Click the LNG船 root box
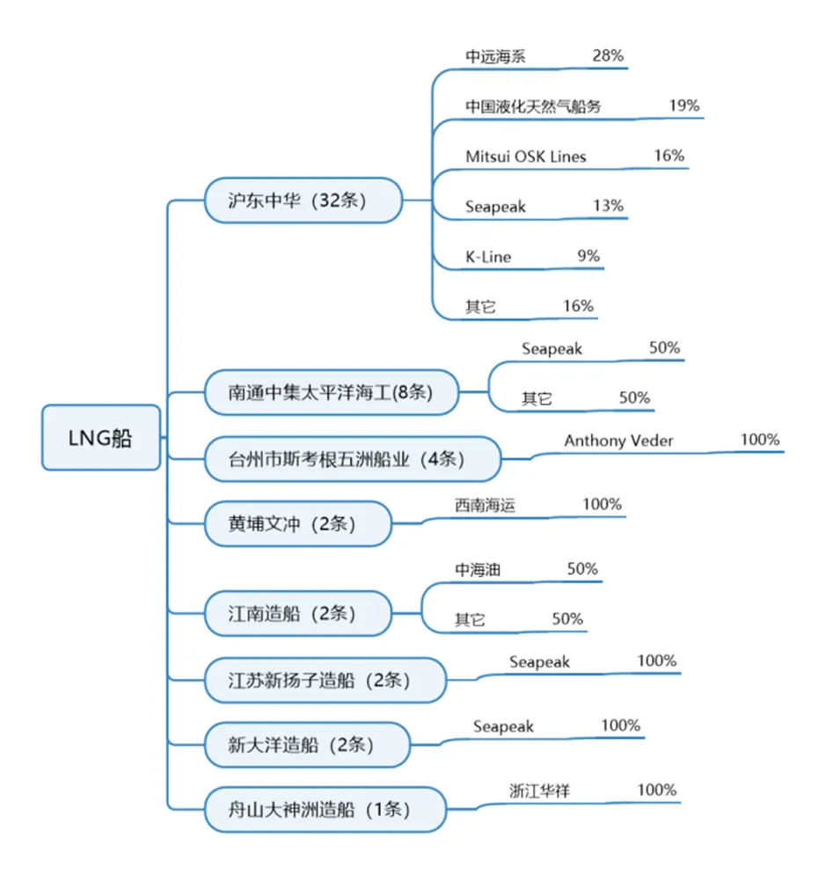click(x=101, y=438)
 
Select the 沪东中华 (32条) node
click(x=303, y=201)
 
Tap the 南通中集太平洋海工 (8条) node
click(x=332, y=392)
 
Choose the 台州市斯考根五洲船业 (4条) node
click(x=353, y=459)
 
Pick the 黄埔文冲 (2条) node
click(x=298, y=523)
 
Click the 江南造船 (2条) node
click(x=298, y=613)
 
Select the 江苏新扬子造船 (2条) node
click(x=325, y=680)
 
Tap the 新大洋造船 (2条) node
click(x=307, y=745)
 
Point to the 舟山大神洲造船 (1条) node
click(x=325, y=809)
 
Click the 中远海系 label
click(x=495, y=56)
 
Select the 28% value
click(x=608, y=55)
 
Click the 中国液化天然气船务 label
click(x=533, y=106)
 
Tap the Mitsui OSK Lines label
click(x=526, y=157)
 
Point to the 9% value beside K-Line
click(x=588, y=256)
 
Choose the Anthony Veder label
click(x=618, y=441)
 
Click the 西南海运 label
click(x=485, y=505)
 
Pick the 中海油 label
click(x=477, y=569)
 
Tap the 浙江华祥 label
click(x=540, y=791)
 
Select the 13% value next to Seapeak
click(x=608, y=206)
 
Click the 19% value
click(x=684, y=105)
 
